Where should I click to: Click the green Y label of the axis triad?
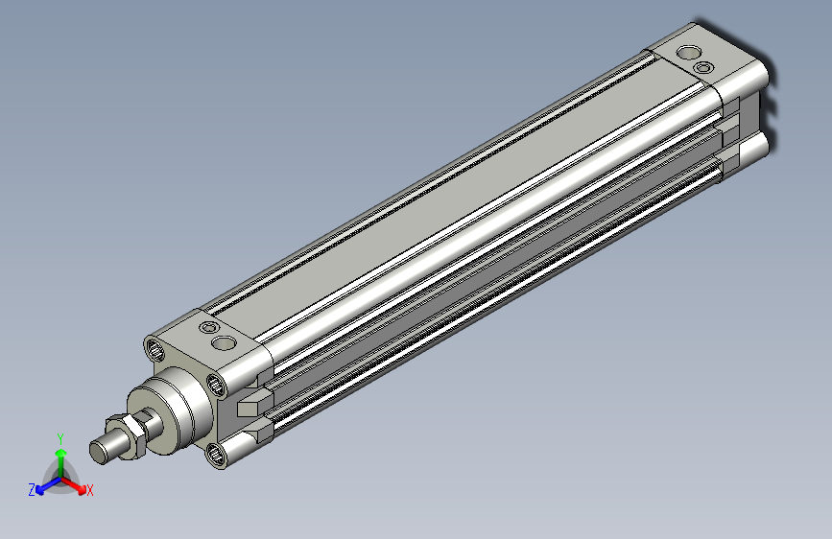click(x=60, y=439)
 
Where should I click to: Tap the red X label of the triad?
click(x=89, y=491)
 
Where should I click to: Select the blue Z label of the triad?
click(x=32, y=490)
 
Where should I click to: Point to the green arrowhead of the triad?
click(x=61, y=453)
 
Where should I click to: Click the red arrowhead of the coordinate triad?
click(x=82, y=488)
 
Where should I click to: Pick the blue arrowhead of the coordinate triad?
click(x=40, y=490)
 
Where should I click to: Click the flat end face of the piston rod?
click(x=98, y=452)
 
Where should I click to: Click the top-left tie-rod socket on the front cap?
click(x=155, y=350)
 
